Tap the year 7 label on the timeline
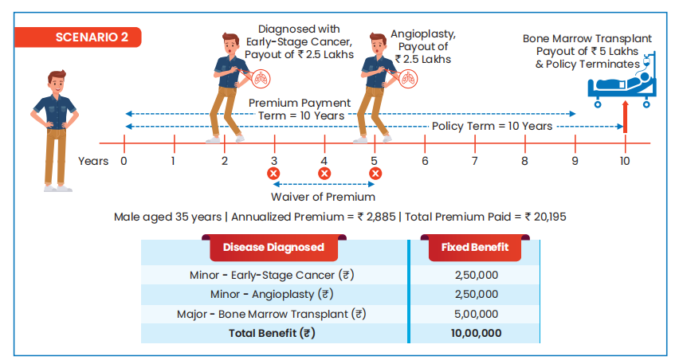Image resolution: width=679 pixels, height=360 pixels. click(474, 161)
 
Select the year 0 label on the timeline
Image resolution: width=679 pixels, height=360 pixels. click(124, 161)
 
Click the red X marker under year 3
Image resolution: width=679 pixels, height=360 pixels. click(273, 174)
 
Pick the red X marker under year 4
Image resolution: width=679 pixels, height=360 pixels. click(324, 174)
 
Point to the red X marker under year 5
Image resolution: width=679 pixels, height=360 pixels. click(375, 174)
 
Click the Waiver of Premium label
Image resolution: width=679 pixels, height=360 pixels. click(323, 197)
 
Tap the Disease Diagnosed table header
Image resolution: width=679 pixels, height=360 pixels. click(273, 247)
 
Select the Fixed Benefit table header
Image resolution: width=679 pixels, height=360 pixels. click(475, 247)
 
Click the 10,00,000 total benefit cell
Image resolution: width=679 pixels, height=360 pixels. click(476, 333)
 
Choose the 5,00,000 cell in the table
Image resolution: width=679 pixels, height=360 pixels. click(476, 314)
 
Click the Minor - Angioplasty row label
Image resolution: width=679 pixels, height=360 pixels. click(272, 295)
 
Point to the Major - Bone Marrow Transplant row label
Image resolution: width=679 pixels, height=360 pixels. click(272, 314)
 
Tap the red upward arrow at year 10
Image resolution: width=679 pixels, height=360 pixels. click(625, 115)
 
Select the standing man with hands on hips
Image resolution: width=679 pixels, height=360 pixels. click(56, 127)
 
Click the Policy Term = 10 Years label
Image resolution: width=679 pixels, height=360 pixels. click(492, 127)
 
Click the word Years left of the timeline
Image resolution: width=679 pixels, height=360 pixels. click(93, 161)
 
